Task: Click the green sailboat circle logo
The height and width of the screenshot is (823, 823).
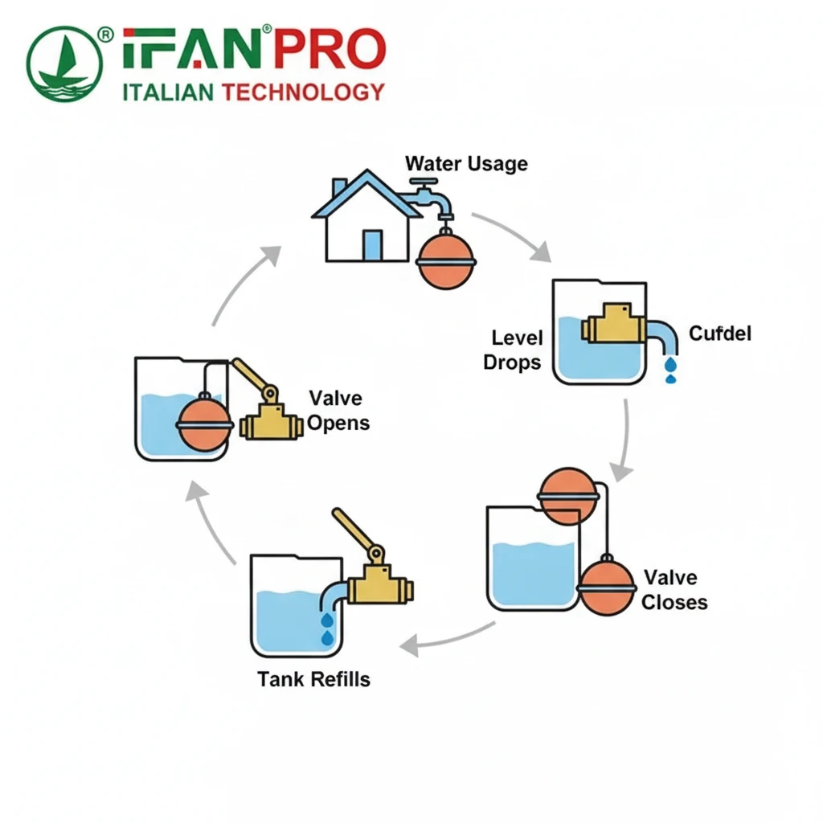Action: point(64,64)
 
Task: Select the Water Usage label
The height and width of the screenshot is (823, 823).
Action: point(466,164)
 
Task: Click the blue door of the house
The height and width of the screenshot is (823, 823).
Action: point(372,244)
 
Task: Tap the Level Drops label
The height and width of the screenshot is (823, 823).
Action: point(513,350)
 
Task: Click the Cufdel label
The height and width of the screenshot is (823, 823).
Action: point(720,333)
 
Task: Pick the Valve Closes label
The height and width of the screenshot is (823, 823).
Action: point(674,589)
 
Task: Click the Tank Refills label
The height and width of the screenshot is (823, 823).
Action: point(313,679)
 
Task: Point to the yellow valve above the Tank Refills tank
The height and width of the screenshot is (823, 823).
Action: point(378,583)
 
